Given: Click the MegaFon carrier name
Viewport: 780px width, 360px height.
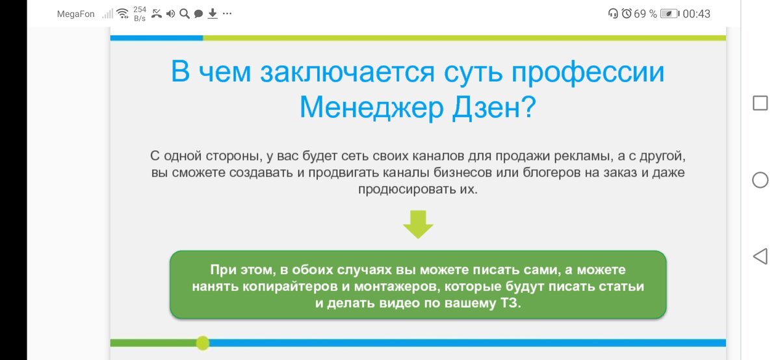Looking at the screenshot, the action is (x=75, y=14).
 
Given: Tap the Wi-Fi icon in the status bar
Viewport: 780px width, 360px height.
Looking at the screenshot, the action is (x=123, y=14).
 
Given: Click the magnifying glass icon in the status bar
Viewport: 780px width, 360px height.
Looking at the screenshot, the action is (x=185, y=14).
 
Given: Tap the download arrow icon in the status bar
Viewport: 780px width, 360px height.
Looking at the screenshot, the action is (x=213, y=14).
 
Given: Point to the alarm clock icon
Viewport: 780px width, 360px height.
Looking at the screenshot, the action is (x=627, y=14).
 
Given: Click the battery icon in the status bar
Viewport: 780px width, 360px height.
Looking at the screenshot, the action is (x=670, y=14).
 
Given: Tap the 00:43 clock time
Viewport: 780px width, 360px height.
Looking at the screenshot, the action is (x=696, y=14).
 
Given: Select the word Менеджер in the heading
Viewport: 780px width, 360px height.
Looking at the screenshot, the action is (x=372, y=107).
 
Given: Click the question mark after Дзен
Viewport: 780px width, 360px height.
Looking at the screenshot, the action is (x=528, y=107).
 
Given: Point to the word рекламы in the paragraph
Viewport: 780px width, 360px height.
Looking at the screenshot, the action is (x=584, y=156).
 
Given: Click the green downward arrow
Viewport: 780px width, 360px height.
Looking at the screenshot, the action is (x=418, y=224).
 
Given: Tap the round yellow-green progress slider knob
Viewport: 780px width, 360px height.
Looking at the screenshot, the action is (x=203, y=343).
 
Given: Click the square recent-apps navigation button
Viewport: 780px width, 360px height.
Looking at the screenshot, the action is (x=760, y=103).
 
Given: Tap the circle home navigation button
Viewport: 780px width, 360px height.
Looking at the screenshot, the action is (x=760, y=180).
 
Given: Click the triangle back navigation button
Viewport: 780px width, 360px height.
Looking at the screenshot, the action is (x=760, y=257).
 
